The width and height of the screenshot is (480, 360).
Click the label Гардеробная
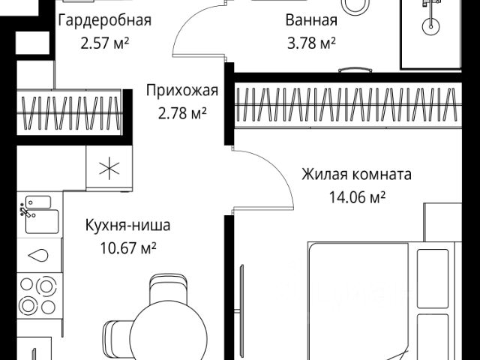[104, 20]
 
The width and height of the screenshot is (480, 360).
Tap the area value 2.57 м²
[105, 43]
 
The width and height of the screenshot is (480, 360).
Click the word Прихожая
[181, 91]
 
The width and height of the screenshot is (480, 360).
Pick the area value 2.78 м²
[181, 113]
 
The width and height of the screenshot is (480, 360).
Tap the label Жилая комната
[356, 175]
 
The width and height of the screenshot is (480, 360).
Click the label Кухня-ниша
[127, 223]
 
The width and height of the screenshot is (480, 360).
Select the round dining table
[169, 334]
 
